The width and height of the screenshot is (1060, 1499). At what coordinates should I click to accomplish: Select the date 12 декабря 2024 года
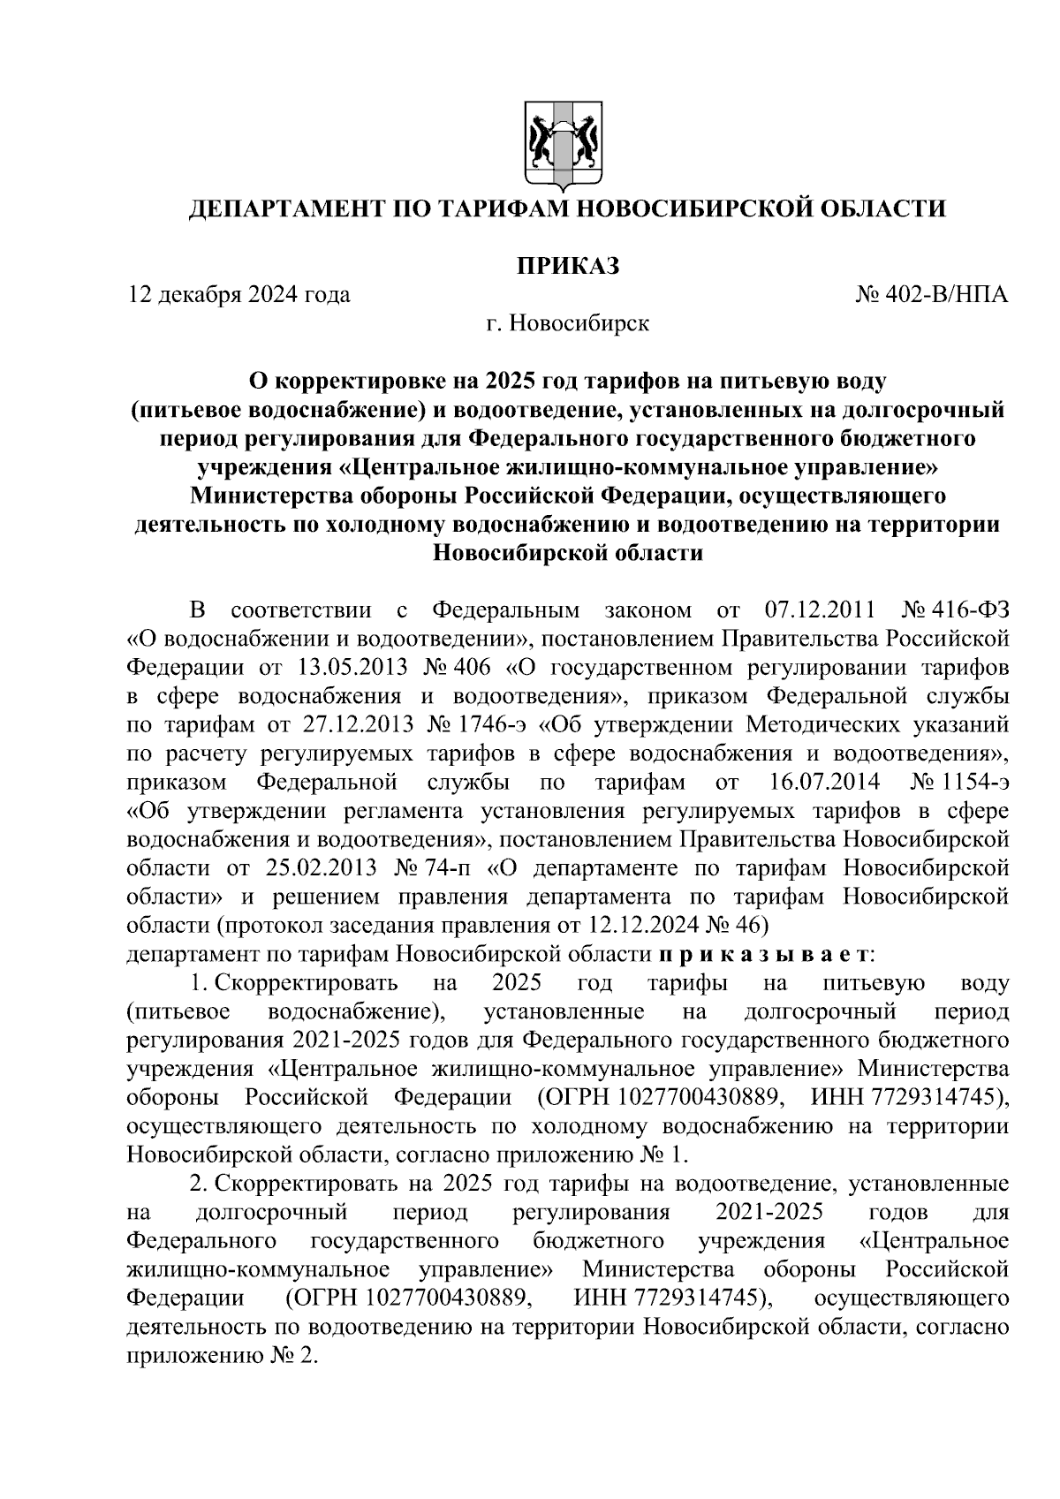pos(239,294)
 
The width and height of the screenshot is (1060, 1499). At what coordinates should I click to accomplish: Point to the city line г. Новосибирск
pos(567,323)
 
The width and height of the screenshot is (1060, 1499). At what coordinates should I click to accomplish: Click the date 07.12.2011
pos(817,610)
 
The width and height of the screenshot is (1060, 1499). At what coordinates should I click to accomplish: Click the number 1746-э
pos(492,725)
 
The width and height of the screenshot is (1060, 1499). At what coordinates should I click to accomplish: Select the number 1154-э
pos(974,783)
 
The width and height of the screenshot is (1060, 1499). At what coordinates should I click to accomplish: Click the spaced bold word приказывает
pos(764,955)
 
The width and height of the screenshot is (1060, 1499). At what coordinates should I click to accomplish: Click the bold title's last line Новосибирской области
pos(567,554)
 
